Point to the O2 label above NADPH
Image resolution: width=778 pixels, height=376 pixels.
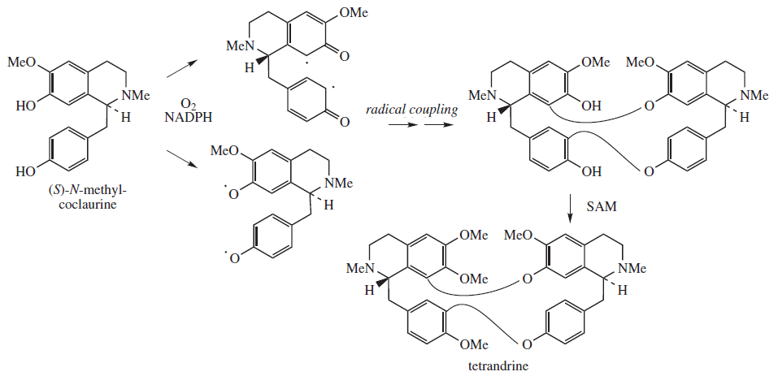[189, 102]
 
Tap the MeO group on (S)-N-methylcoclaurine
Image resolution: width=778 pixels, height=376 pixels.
[22, 63]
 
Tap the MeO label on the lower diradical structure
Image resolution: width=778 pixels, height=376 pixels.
[225, 151]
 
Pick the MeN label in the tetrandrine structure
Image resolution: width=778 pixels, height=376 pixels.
[360, 267]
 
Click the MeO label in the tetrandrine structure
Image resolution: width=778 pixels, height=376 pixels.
[520, 236]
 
